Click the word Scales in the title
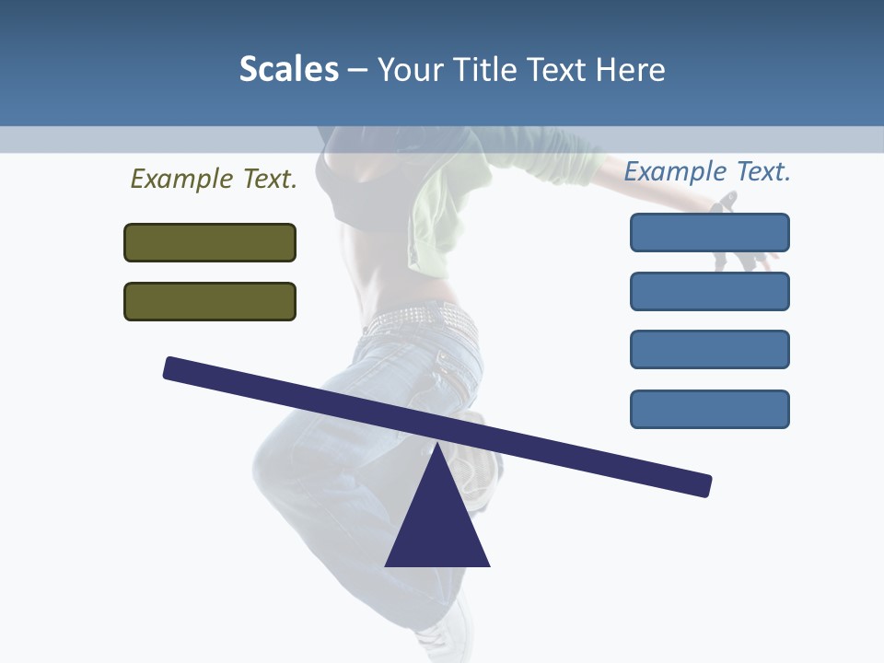tap(289, 69)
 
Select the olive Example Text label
tap(214, 179)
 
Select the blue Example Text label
tap(707, 171)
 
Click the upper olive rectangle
tap(210, 242)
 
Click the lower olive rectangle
tap(210, 301)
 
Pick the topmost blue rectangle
tap(709, 232)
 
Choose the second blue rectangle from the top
tap(709, 291)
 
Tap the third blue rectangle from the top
tap(709, 349)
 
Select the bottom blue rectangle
tap(709, 409)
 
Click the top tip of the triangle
tap(438, 447)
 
